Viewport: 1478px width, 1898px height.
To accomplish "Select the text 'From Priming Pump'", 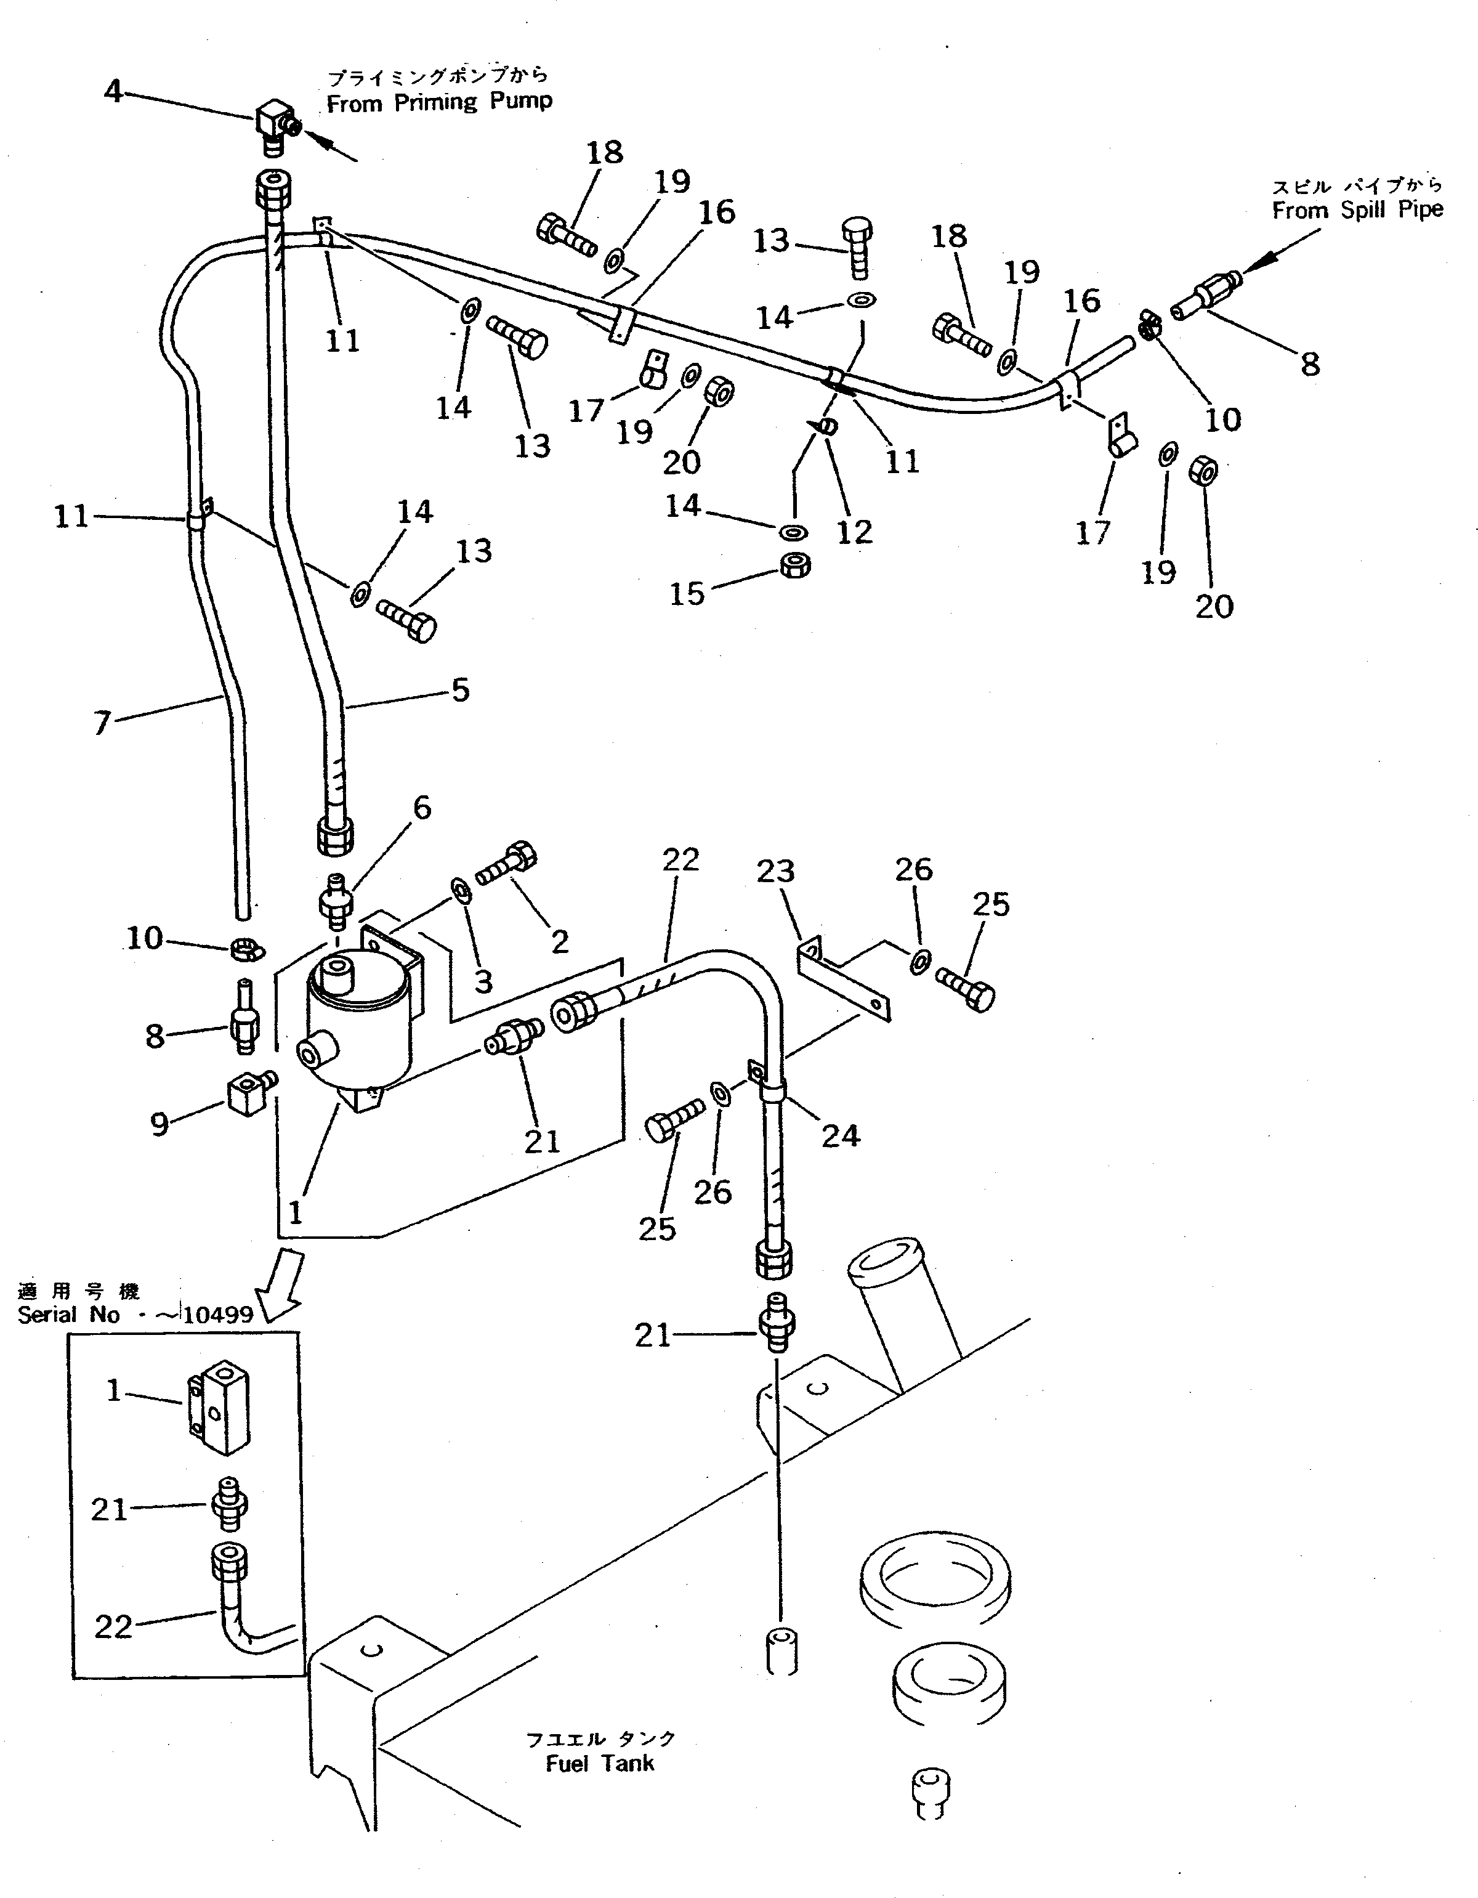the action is coord(439,102).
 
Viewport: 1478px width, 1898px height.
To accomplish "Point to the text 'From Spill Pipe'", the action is coord(1357,209).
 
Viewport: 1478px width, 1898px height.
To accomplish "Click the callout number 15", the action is coord(687,594).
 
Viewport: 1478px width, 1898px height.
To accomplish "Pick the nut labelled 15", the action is coord(796,566).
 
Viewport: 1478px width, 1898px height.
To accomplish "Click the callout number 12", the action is coord(854,532).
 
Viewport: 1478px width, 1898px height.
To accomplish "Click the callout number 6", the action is coord(422,808).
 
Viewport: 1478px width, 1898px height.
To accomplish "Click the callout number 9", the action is coord(159,1124).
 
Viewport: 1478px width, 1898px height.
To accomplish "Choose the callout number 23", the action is coord(775,871).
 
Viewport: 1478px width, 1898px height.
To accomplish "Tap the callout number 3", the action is coord(483,982).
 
